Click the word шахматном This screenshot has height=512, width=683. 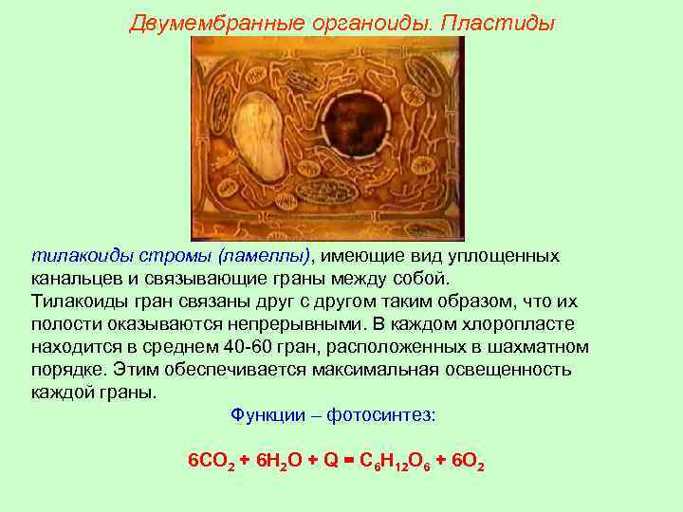535,347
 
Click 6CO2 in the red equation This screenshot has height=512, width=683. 212,462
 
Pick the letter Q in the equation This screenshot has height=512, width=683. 331,461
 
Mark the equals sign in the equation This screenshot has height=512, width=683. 349,461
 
